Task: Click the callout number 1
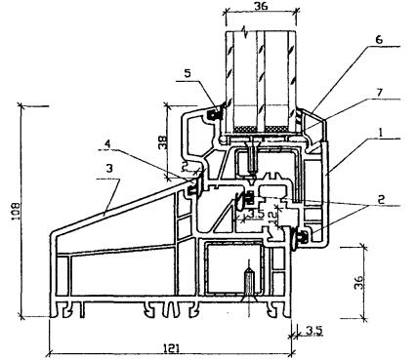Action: pyautogui.click(x=379, y=133)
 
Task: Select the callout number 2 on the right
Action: pyautogui.click(x=381, y=199)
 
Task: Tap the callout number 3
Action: pyautogui.click(x=109, y=168)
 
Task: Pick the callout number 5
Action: pyautogui.click(x=188, y=73)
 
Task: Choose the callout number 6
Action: pyautogui.click(x=379, y=41)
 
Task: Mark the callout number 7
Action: pyautogui.click(x=379, y=94)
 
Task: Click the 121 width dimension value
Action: pyautogui.click(x=171, y=348)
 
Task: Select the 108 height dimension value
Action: pyautogui.click(x=16, y=212)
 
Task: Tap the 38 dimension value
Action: pyautogui.click(x=163, y=141)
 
